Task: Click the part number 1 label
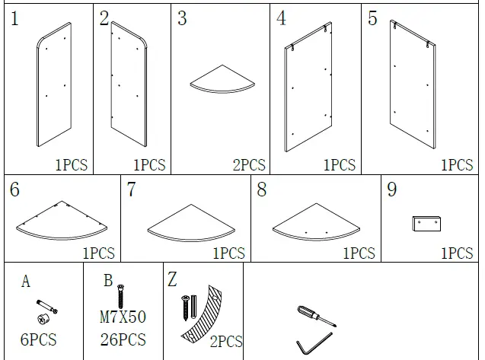(x=15, y=19)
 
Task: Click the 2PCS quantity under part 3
(x=249, y=164)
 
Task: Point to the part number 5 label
(x=372, y=19)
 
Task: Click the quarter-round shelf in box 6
(x=61, y=220)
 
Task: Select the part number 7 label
(x=131, y=190)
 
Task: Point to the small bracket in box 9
(x=426, y=224)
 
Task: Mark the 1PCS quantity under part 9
(x=456, y=253)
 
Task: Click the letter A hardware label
(x=25, y=282)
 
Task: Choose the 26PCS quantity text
(x=122, y=339)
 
